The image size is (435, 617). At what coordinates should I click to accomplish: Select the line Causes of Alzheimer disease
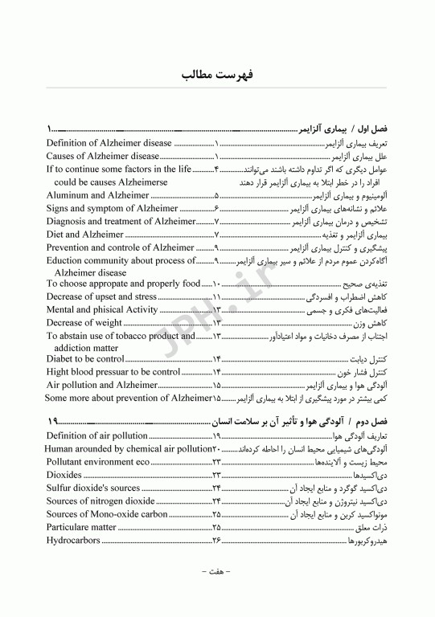(x=102, y=156)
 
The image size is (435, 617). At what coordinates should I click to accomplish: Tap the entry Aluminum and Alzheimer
(x=97, y=195)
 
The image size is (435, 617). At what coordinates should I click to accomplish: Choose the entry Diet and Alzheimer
(x=85, y=234)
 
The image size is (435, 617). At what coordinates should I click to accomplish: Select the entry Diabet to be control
(x=84, y=359)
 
